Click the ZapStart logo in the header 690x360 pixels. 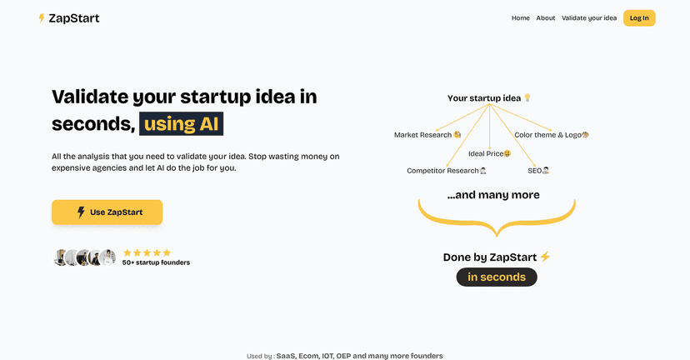pos(68,18)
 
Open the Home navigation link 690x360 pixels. pos(520,18)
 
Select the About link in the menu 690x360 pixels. pos(546,18)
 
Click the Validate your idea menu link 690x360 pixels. pos(589,18)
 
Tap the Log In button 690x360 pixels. pos(639,18)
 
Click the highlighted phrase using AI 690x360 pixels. pos(181,124)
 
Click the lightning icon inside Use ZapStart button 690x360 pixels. pos(81,212)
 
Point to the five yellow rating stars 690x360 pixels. pos(147,252)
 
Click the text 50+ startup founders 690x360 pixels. pos(156,262)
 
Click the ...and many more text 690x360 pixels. pos(493,195)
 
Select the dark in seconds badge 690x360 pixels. pos(497,277)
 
